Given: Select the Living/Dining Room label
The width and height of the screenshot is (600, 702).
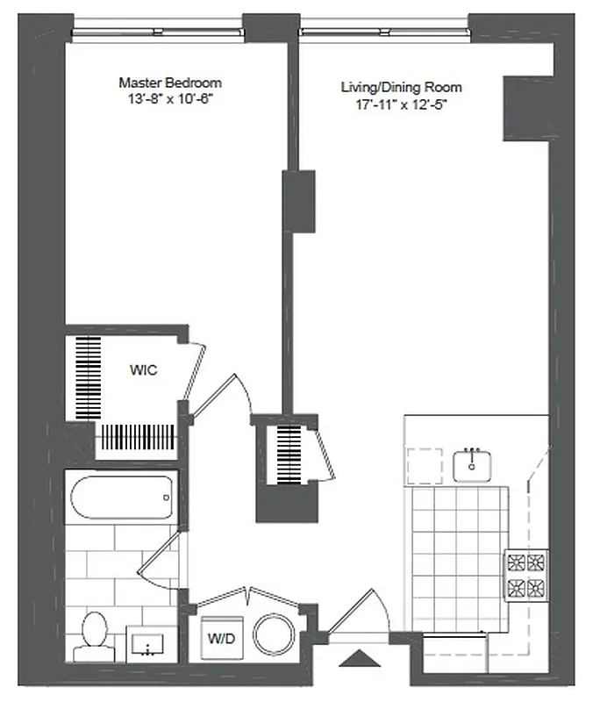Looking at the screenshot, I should click(x=402, y=88).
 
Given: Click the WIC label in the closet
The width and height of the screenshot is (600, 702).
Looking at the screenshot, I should click(x=143, y=370).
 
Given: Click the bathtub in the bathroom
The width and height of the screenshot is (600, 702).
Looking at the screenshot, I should click(x=122, y=497).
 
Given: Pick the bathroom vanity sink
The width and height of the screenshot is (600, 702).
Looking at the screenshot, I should click(x=151, y=645).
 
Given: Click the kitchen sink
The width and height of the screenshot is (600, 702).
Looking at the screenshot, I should click(x=474, y=463).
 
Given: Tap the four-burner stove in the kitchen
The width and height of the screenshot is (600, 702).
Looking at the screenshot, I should click(x=525, y=574).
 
